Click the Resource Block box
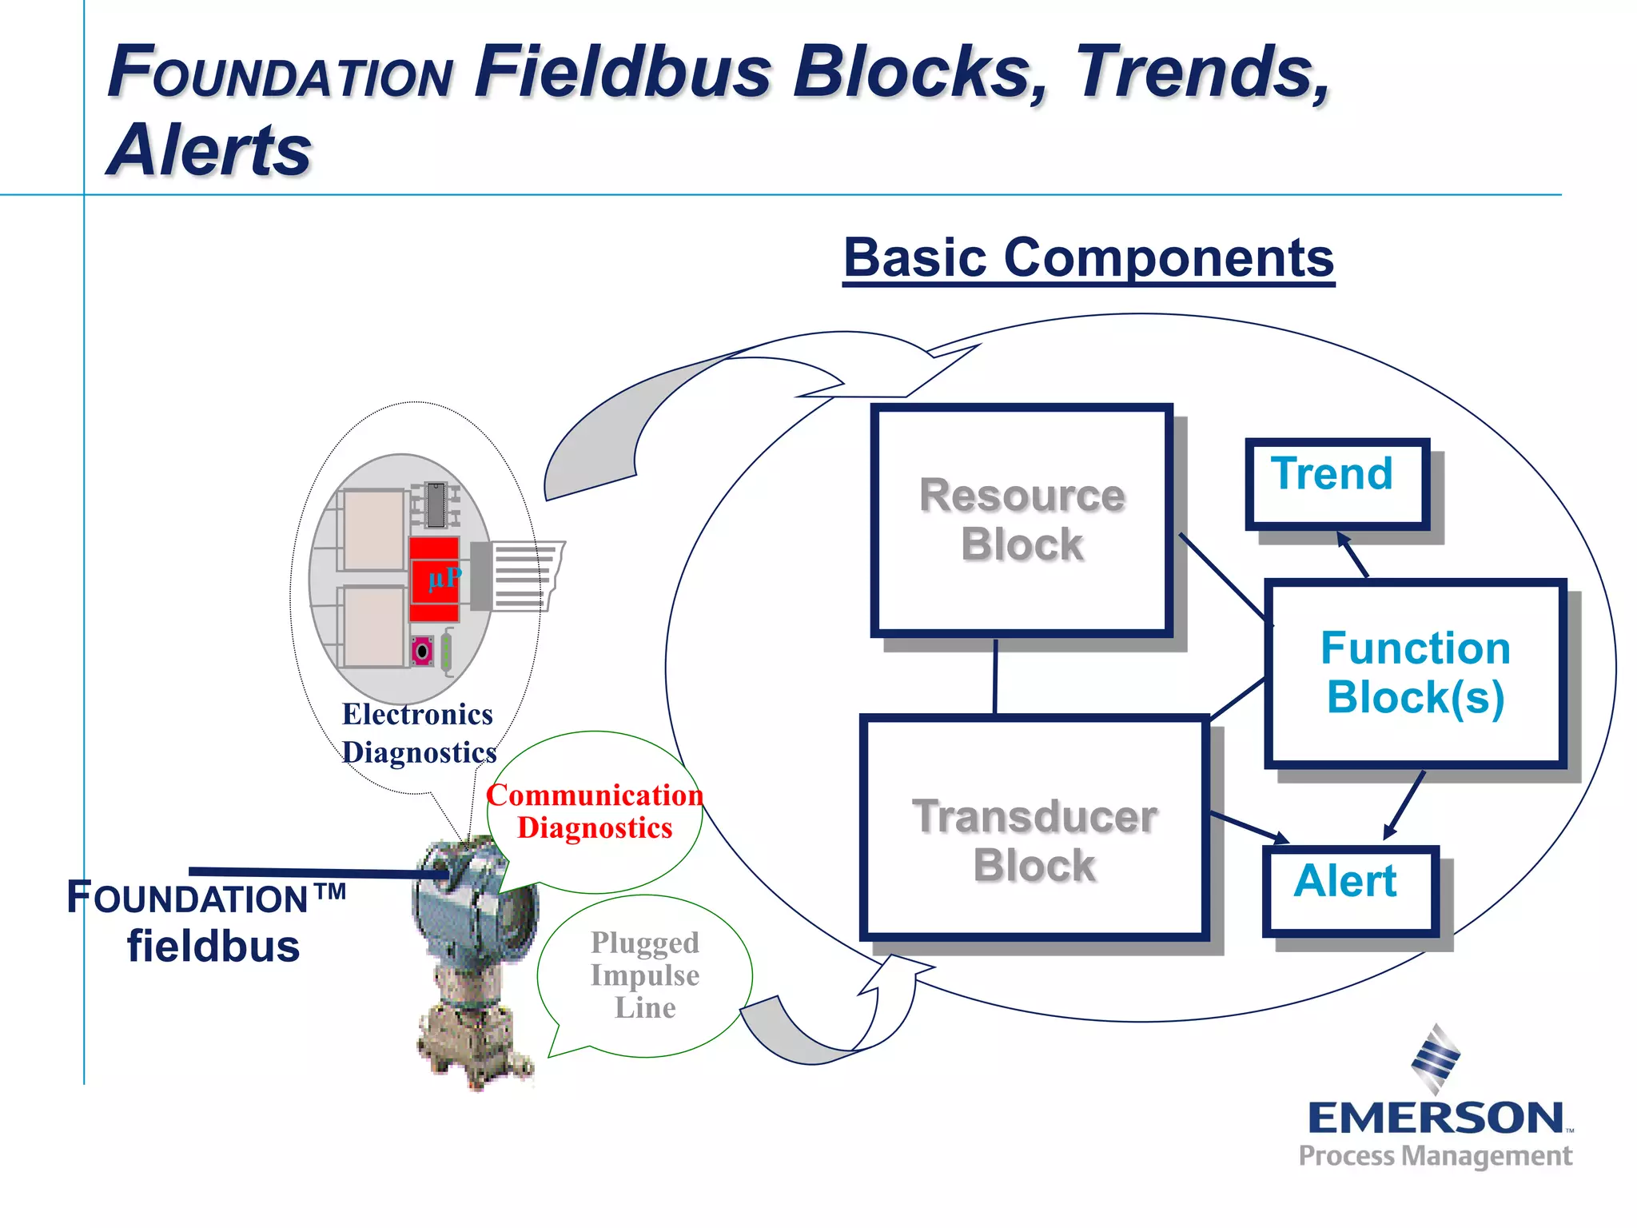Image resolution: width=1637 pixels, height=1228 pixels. tap(1022, 520)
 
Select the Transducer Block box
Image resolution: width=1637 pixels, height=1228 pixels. tap(1034, 827)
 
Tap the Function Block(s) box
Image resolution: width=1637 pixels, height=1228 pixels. tap(1415, 673)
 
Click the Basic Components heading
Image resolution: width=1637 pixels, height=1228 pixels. tap(1089, 257)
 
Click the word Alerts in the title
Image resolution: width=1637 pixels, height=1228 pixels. tap(209, 150)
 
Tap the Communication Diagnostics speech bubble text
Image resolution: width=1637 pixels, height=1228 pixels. tap(595, 811)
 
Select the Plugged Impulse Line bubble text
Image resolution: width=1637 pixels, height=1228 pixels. tap(645, 975)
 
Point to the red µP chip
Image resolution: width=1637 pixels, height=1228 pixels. tap(435, 579)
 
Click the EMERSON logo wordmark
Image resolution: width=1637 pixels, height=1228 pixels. tap(1436, 1118)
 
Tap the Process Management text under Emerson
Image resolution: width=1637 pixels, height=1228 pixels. tap(1436, 1156)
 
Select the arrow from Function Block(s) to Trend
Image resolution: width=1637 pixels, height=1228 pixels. tap(1353, 555)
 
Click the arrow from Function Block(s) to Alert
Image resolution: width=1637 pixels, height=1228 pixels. tap(1404, 804)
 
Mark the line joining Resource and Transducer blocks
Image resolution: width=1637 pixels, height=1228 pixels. tap(995, 676)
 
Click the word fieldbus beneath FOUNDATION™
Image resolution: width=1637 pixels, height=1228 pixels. tap(213, 947)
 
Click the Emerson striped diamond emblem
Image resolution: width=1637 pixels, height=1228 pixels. tap(1436, 1059)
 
